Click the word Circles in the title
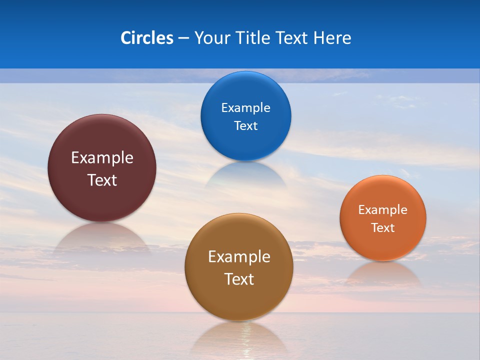pos(147,38)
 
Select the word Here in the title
pos(332,38)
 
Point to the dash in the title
pos(183,38)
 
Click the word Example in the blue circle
pos(246,108)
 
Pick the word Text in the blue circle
pos(246,125)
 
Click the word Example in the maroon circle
pos(102,158)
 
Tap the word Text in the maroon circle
pos(102,180)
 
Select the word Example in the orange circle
pos(383,210)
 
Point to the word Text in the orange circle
pos(383,228)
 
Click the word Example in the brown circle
pos(239,257)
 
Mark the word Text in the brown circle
pos(239,279)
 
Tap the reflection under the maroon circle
pos(102,235)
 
